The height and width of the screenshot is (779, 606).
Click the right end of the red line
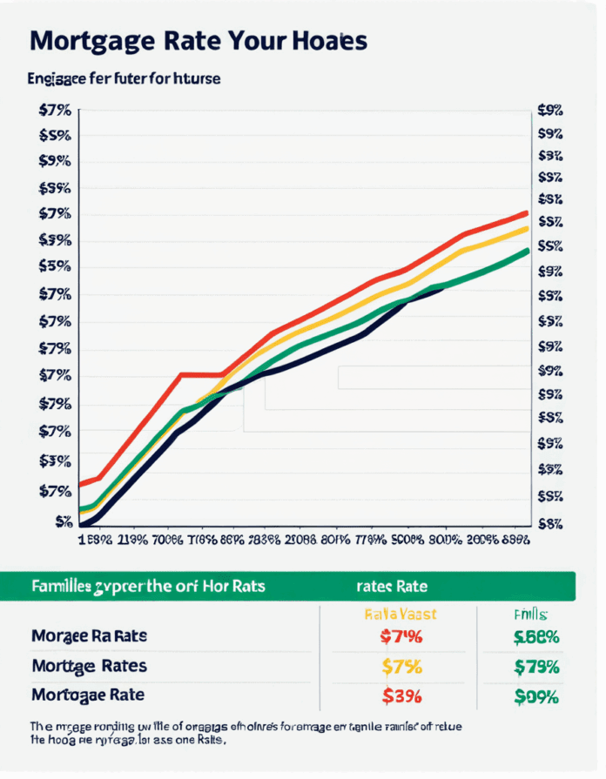(x=527, y=212)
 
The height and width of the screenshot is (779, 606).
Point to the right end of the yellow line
(x=527, y=228)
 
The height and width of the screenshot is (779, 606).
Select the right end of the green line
(x=528, y=251)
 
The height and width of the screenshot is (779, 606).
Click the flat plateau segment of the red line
(x=202, y=375)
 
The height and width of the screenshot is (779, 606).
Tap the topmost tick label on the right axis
(x=550, y=111)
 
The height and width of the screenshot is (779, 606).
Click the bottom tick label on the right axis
(x=550, y=523)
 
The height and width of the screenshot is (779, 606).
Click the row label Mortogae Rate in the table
(x=88, y=695)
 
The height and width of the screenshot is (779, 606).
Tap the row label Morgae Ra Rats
(x=89, y=636)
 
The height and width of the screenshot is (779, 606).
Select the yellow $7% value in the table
(x=402, y=667)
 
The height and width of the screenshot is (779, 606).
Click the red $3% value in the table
(x=402, y=696)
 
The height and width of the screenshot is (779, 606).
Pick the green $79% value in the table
(x=536, y=667)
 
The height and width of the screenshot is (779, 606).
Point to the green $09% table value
(x=536, y=696)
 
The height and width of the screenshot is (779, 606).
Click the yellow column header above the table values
(x=399, y=614)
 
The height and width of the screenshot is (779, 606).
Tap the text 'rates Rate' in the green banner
(x=392, y=586)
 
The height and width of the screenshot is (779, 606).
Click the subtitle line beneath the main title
(x=125, y=78)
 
